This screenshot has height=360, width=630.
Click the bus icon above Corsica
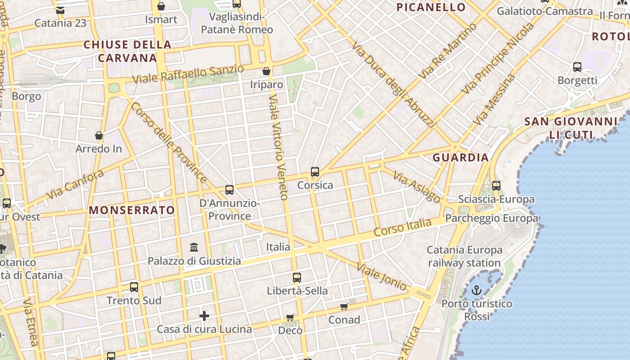(x=315, y=172)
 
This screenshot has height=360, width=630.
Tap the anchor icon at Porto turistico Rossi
(x=477, y=291)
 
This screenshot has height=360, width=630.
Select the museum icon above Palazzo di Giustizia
(x=194, y=247)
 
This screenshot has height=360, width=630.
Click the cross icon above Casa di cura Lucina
(x=204, y=316)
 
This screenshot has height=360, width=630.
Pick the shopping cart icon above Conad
(x=344, y=307)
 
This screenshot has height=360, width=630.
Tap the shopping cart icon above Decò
(x=290, y=318)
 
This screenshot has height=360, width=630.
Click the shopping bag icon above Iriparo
(x=266, y=71)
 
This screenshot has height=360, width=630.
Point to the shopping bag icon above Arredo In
(x=99, y=135)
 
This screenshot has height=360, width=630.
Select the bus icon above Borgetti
(x=577, y=67)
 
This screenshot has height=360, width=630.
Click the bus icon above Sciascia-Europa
(x=496, y=185)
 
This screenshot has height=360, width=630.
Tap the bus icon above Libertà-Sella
(x=297, y=278)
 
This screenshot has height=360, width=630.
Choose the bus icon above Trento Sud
(x=134, y=287)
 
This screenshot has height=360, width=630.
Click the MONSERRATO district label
(x=132, y=210)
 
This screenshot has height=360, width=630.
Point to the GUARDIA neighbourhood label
(x=460, y=157)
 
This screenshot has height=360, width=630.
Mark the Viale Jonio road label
(x=382, y=276)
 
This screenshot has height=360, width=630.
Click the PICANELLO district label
(x=431, y=7)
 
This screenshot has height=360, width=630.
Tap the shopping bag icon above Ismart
(x=161, y=6)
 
